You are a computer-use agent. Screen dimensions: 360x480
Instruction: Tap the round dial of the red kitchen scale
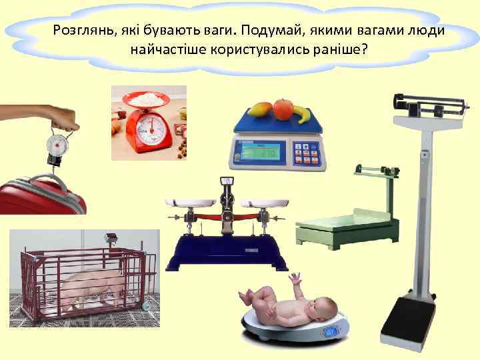[x=152, y=125]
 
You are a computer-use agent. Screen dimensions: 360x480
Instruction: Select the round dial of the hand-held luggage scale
[x=57, y=143]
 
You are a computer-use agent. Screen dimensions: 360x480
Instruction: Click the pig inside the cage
[x=93, y=283]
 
